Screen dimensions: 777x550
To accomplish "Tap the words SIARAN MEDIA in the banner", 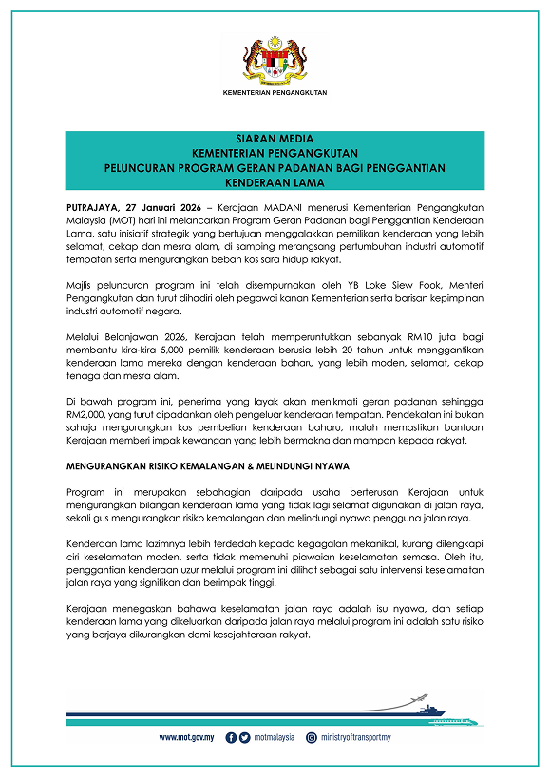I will point(275,139).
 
